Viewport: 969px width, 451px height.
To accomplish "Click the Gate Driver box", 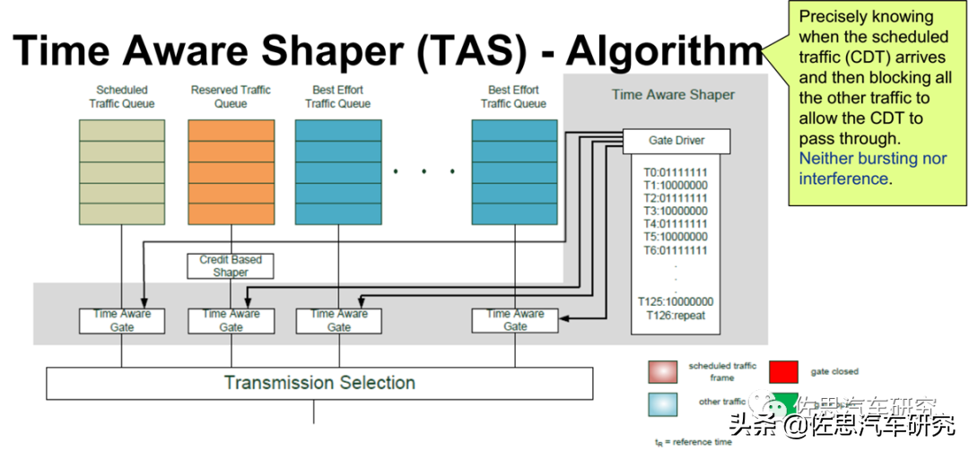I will [677, 141].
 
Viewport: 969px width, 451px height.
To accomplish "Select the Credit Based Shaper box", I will [231, 265].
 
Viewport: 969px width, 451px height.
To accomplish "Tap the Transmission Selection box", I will [319, 383].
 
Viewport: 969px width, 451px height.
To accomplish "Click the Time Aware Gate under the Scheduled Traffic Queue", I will [122, 321].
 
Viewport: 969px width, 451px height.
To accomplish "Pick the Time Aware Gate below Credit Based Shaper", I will [231, 321].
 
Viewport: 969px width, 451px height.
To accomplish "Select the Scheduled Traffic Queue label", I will [122, 97].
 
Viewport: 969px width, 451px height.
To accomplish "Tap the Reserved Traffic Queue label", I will [231, 97].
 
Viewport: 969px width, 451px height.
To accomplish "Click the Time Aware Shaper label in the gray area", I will [673, 94].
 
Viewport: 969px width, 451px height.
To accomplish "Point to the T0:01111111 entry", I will [676, 171].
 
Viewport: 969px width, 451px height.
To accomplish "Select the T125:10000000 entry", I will [676, 301].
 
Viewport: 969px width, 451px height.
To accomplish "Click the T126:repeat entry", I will [676, 315].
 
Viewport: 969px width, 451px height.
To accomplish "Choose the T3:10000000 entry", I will [676, 211].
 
